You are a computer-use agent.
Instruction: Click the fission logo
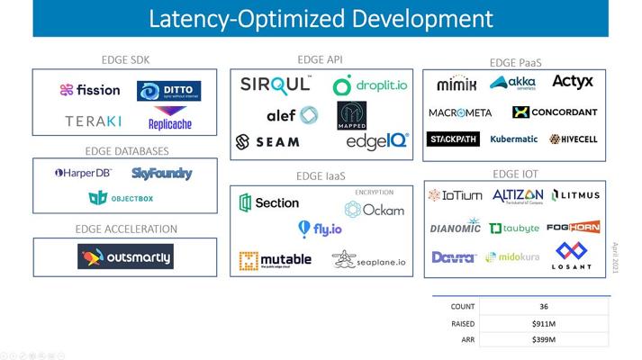(90, 90)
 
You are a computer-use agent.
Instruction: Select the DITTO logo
(168, 91)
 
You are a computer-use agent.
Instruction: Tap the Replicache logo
(169, 121)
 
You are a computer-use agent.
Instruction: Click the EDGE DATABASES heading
(127, 151)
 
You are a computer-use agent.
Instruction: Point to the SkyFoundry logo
(162, 173)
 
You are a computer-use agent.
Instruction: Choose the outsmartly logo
(125, 256)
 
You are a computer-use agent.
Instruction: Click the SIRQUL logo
(276, 85)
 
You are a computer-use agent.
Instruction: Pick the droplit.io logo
(369, 86)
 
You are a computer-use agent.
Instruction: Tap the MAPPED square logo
(352, 115)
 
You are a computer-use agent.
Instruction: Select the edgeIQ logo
(377, 141)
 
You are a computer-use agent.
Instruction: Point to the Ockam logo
(374, 210)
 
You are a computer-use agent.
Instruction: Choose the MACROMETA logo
(460, 112)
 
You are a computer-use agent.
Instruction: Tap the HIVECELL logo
(573, 139)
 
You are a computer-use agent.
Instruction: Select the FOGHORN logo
(573, 227)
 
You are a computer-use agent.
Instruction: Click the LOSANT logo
(571, 256)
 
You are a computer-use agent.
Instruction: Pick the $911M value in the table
(544, 323)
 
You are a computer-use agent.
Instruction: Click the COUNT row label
(463, 307)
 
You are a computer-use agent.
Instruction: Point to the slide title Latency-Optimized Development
(321, 18)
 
